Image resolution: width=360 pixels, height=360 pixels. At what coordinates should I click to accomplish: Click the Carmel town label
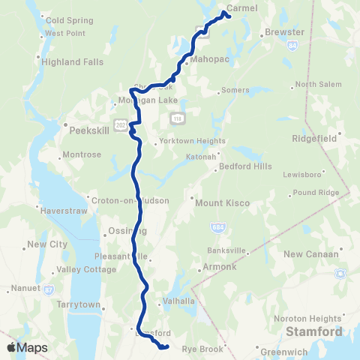pos(241,7)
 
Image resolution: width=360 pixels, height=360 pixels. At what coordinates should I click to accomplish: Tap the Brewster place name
pos(284,33)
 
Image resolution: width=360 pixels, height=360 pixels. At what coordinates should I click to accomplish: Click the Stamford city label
pos(313,331)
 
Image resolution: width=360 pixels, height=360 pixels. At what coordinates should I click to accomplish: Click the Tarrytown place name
pos(79,304)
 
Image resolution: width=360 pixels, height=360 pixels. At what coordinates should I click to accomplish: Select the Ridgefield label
pos(319,138)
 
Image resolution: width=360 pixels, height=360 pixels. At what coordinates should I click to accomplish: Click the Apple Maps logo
pos(26,347)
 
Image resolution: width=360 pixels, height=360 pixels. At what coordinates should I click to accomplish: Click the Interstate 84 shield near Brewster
pos(289,46)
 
